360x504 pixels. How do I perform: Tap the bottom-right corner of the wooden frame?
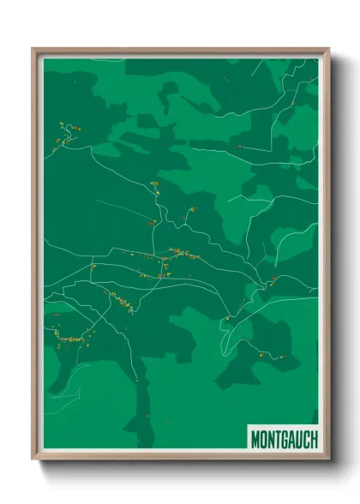click(x=327, y=459)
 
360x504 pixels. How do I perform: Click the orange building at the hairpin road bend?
click(x=227, y=319)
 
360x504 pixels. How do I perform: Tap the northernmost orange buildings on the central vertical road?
click(x=155, y=183)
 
